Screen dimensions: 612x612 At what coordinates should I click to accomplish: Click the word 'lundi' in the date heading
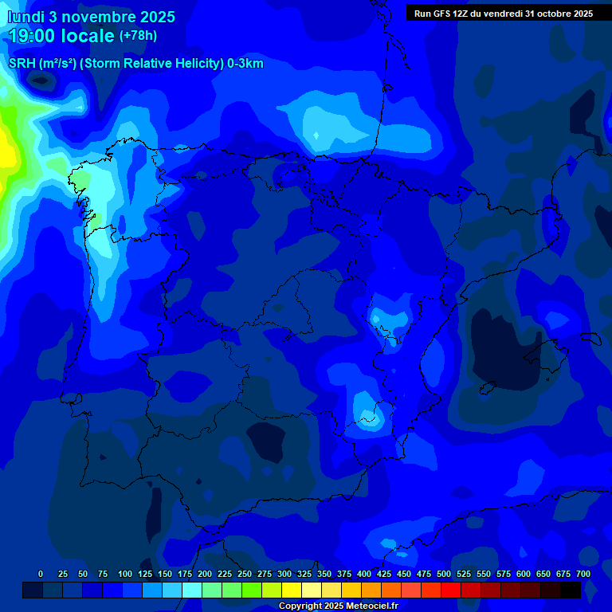26,17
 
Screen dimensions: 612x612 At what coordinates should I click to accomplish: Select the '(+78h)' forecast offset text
138,36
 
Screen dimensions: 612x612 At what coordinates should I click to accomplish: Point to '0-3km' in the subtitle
245,64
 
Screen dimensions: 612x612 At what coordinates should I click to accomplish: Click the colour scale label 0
41,574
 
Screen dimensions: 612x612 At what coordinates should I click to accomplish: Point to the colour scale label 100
125,574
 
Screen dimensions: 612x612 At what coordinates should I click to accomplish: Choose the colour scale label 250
245,574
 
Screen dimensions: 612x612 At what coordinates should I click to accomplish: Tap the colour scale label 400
364,574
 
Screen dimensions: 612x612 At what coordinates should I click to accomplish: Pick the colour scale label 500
444,574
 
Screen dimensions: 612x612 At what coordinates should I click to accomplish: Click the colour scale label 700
583,574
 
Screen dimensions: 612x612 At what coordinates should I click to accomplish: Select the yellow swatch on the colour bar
292,590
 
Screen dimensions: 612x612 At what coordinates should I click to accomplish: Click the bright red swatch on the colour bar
451,590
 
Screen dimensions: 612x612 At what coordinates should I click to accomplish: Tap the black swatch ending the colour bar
571,590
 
